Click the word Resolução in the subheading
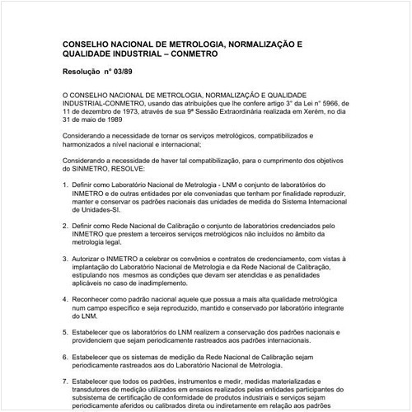pos(86,73)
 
